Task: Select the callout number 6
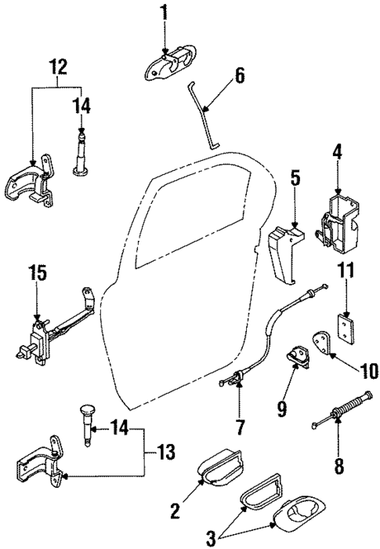pos(240,76)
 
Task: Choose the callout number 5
pos(295,178)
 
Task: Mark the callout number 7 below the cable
pos(240,427)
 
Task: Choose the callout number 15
pos(38,274)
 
